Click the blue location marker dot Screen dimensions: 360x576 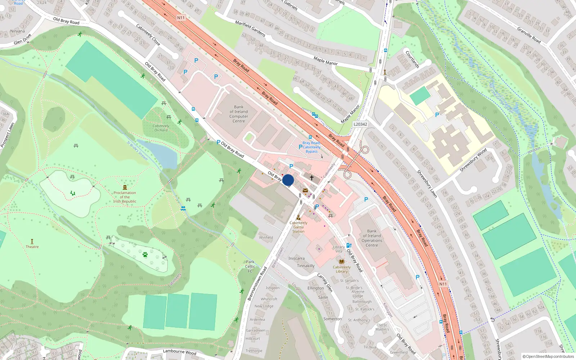[288, 180]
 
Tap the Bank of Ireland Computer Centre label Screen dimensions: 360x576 [239, 114]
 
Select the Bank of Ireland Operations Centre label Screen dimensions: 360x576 [372, 238]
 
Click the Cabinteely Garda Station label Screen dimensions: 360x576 [298, 227]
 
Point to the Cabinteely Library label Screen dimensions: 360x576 [341, 269]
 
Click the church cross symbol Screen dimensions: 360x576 [312, 177]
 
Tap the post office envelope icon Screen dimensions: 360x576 [305, 190]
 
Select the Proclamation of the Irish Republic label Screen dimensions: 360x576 [125, 197]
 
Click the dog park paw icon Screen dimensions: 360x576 [145, 255]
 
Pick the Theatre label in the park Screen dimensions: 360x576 [32, 247]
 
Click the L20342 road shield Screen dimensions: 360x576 [360, 124]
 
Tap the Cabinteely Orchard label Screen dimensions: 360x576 [161, 128]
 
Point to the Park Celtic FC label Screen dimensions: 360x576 [250, 266]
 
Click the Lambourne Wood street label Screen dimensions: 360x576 [179, 352]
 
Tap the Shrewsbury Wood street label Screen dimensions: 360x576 [473, 160]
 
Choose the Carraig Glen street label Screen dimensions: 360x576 [325, 282]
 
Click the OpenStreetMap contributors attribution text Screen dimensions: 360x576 [548, 356]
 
